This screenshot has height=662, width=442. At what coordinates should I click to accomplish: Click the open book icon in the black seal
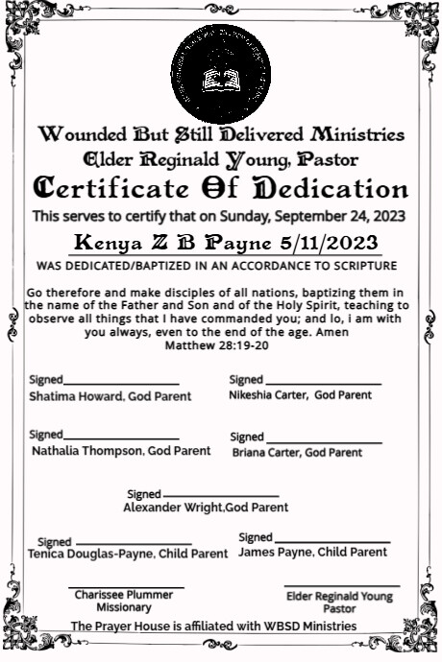click(x=220, y=78)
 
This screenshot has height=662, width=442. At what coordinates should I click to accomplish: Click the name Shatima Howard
click(x=73, y=395)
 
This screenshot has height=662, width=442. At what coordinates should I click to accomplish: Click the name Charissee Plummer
click(x=124, y=595)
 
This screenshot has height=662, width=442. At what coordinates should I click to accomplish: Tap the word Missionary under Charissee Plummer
click(x=124, y=607)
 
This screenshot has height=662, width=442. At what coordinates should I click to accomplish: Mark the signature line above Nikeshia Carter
click(x=323, y=384)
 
